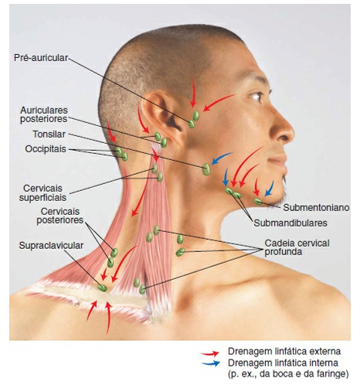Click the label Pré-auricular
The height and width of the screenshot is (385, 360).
[41, 58]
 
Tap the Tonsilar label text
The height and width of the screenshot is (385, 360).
[49, 135]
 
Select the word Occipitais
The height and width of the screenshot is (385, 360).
[46, 149]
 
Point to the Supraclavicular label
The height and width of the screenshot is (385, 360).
[51, 246]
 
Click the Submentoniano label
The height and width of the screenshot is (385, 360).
[316, 208]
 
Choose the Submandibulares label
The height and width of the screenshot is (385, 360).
[290, 223]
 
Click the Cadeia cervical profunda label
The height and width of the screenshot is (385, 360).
[297, 247]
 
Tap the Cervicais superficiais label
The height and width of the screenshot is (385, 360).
[42, 192]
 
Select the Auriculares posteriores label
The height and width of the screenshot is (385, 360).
[44, 114]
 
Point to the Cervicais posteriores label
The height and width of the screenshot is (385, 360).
[60, 216]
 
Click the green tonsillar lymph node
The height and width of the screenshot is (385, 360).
[206, 169]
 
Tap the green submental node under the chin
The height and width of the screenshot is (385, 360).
[258, 202]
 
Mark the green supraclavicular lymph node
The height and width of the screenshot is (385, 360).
[103, 288]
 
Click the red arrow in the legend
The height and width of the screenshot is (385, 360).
[210, 353]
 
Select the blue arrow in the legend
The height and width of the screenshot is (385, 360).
[211, 363]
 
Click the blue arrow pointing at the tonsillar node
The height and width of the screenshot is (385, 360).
[221, 158]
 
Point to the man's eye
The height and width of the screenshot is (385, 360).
[256, 97]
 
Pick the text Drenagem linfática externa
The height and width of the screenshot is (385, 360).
[284, 351]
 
